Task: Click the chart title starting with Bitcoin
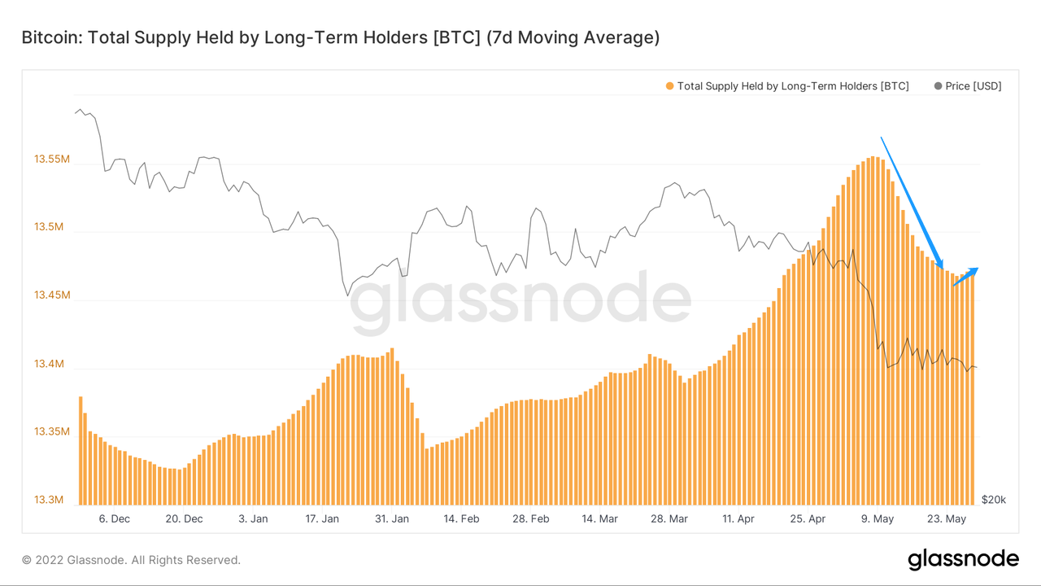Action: click(340, 37)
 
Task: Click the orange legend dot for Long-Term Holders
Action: click(669, 86)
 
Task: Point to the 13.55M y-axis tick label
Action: click(52, 160)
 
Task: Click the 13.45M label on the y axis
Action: click(52, 295)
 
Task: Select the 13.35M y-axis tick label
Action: click(52, 431)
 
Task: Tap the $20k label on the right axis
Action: click(994, 499)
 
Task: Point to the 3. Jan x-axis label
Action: click(253, 518)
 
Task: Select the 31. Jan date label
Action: click(392, 518)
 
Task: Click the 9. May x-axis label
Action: click(878, 518)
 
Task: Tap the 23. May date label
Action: click(947, 518)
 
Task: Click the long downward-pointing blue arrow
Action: click(912, 203)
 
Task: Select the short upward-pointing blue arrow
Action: click(965, 277)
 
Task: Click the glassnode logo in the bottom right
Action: click(963, 559)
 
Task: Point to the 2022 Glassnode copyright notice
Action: click(131, 560)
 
